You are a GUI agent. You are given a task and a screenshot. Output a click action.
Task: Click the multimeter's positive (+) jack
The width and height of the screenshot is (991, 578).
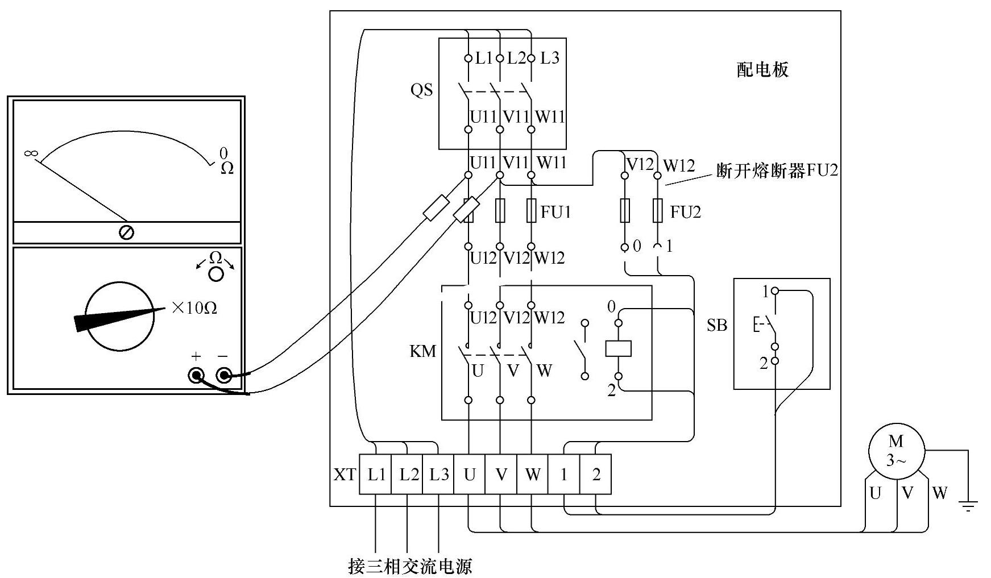pos(197,375)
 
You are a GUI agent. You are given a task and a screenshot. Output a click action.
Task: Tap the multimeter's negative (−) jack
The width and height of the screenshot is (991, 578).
pos(223,375)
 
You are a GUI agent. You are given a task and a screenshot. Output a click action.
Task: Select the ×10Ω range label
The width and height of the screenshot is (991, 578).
pos(194,308)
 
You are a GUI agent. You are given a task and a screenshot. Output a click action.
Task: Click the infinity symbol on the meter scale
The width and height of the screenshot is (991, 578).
pos(31,153)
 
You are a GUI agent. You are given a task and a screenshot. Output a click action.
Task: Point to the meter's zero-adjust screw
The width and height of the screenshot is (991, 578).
pos(126,232)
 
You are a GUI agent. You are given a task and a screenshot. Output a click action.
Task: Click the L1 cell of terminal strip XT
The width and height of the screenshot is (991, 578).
pos(376,475)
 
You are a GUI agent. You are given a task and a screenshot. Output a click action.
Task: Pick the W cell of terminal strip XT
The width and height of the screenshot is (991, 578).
pos(532,475)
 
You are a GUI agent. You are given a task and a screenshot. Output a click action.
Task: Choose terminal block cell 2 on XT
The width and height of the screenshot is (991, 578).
pos(595,475)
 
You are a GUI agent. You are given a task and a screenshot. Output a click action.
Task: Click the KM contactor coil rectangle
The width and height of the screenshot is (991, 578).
pos(618,348)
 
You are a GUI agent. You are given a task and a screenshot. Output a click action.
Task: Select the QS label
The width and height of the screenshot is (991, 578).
pos(421,90)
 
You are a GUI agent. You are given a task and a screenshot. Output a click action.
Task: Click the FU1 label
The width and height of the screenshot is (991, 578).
pos(555,212)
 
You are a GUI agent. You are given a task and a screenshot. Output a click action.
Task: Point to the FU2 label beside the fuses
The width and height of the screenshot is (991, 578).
pos(685,212)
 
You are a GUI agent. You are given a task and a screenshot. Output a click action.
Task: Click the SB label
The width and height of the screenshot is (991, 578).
pos(717,325)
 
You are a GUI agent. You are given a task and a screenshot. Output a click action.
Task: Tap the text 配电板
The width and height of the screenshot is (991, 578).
pos(762,70)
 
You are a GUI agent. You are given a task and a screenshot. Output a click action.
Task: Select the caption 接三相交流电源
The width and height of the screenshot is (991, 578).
pos(410,567)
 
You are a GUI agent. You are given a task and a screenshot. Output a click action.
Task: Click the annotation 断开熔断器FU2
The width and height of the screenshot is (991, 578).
pos(777,171)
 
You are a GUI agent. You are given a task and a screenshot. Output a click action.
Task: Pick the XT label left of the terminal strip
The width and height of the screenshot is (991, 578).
pos(344,475)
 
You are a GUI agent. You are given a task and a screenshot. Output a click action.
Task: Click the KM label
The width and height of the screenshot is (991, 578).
pos(422,351)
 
